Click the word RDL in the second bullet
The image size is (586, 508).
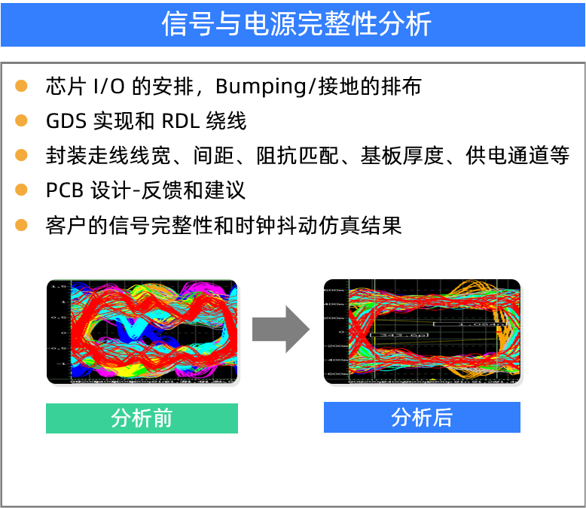coord(180,121)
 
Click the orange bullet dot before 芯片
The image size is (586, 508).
coord(21,86)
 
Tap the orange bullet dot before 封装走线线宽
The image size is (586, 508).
coord(21,155)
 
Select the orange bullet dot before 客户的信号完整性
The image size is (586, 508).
coord(21,224)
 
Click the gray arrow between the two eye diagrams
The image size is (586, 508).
coord(280,330)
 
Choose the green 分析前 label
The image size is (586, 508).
coord(142,418)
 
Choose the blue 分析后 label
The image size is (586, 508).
coord(422,418)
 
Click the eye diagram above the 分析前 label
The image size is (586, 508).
coord(142,331)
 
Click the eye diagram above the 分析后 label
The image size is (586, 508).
coord(422,331)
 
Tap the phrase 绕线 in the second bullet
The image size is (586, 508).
coord(227,121)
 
